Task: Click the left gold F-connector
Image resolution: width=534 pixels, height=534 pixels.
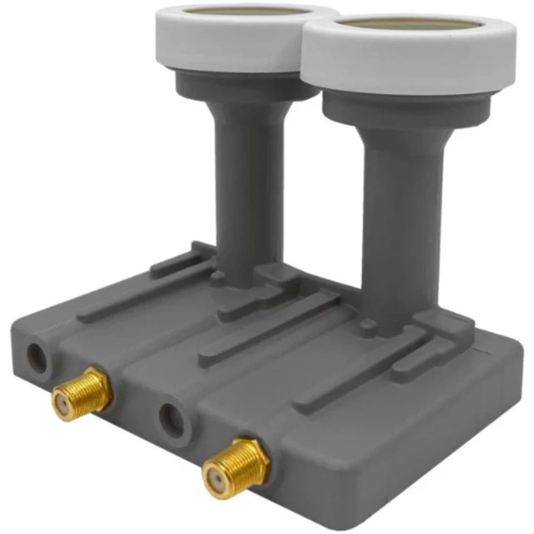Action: tap(82, 394)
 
